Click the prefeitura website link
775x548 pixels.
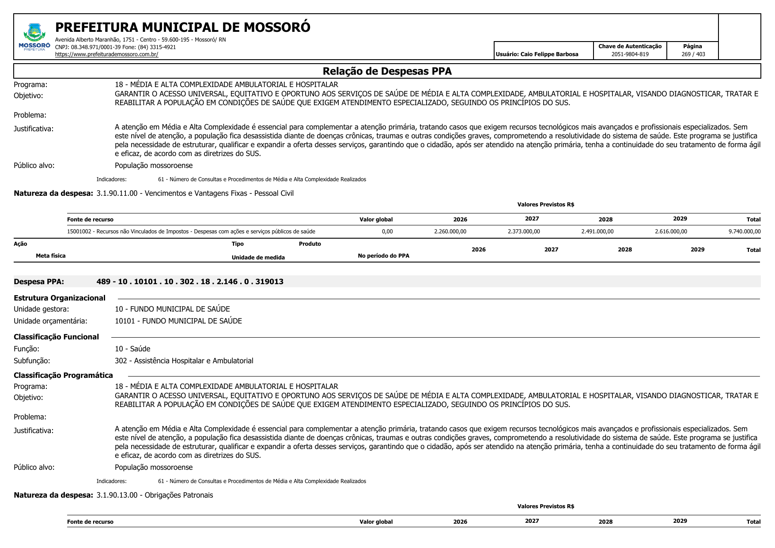106,54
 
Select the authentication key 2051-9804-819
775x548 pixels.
630,54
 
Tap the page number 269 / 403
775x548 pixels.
693,54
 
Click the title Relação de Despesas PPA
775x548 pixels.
387,71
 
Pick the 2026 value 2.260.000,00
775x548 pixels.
450,232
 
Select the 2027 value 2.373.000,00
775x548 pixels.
524,232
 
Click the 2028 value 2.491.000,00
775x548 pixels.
597,232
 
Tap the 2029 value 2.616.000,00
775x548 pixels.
671,232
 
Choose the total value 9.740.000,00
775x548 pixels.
745,232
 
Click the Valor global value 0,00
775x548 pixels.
387,232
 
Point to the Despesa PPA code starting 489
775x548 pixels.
190,282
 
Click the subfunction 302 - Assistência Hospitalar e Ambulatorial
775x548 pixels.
184,361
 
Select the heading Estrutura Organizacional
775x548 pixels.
60,298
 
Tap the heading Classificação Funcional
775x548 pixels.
56,337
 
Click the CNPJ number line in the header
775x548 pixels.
115,47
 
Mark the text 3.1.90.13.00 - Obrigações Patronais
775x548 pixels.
155,495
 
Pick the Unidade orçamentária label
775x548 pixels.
50,321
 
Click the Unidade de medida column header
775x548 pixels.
258,258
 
